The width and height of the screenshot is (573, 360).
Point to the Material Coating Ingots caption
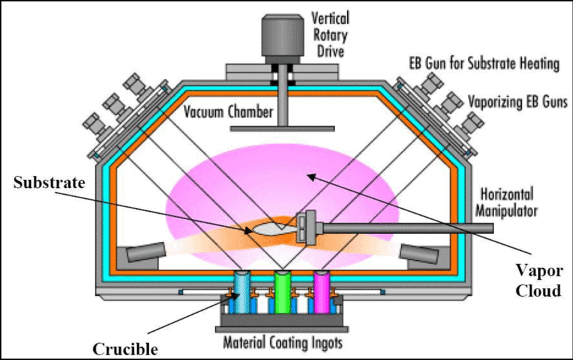tap(282, 343)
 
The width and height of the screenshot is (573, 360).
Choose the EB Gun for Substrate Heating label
tap(484, 64)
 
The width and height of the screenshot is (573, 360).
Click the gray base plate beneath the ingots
tap(282, 329)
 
